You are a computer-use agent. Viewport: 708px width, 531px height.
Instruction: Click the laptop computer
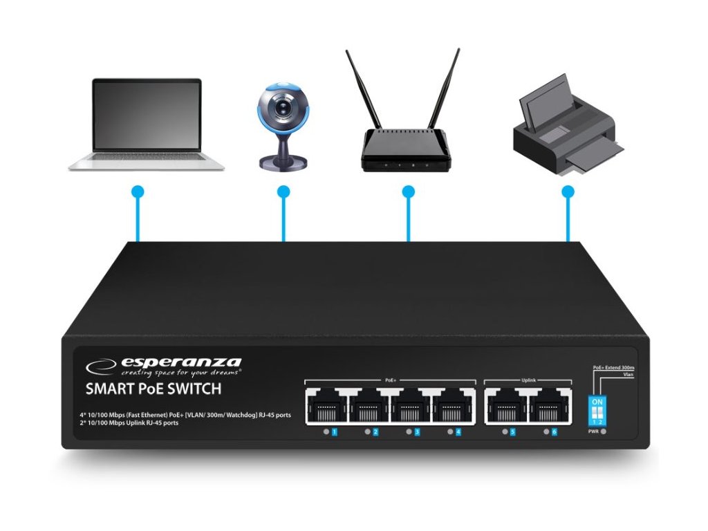tap(147, 124)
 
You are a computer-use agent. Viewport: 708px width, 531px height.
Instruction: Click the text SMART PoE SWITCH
tap(153, 389)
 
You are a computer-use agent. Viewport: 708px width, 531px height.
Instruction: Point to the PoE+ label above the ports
tap(391, 380)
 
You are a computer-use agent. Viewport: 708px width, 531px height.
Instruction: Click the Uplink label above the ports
tap(528, 380)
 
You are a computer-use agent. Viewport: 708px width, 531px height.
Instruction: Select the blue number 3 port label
tap(417, 433)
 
